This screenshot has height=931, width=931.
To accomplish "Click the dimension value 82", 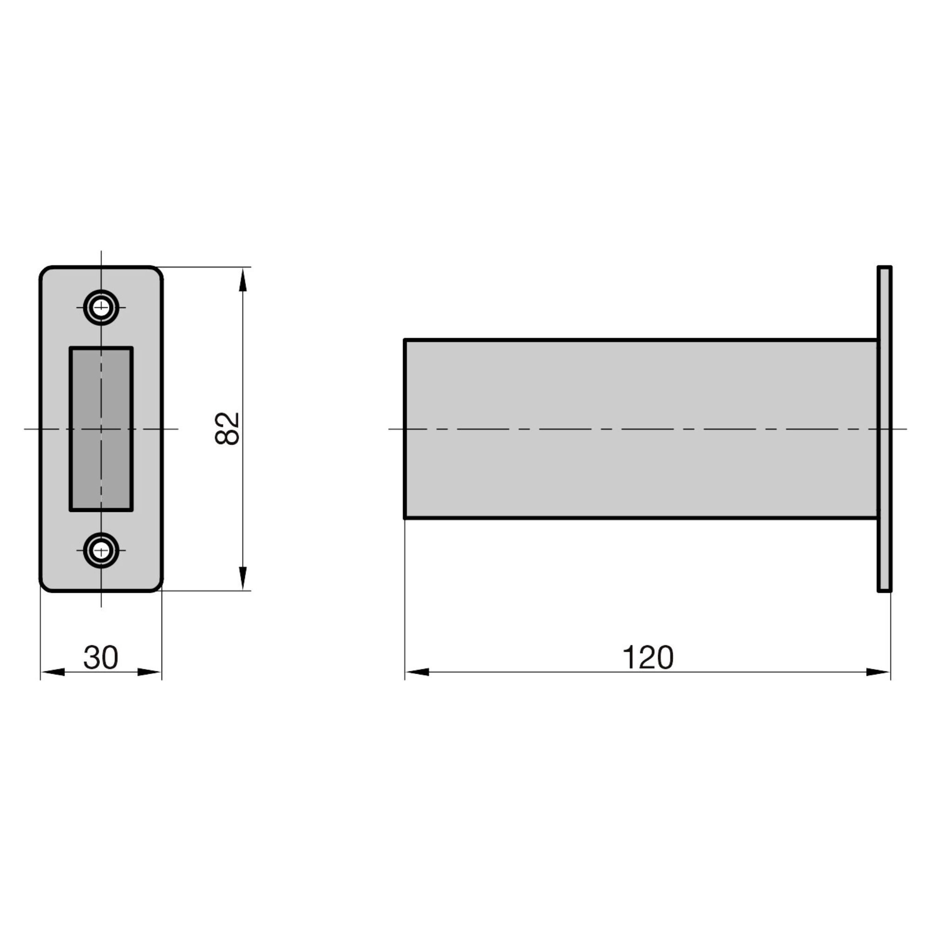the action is point(227,428).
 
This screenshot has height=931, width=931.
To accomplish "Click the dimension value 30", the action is point(101,657).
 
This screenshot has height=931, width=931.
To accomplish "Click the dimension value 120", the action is point(648,657).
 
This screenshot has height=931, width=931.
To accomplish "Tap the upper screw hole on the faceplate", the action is point(101,307).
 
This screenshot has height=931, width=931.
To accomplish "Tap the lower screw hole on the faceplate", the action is point(101,550).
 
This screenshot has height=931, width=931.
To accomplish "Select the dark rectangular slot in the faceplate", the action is point(101,429).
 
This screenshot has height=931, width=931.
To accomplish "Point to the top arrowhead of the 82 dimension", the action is point(243,280).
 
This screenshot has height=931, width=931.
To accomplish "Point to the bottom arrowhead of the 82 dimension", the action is point(243,578).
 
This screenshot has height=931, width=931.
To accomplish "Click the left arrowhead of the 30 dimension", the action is point(53,672).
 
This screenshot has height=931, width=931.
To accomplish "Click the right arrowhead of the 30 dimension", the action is point(149,672).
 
